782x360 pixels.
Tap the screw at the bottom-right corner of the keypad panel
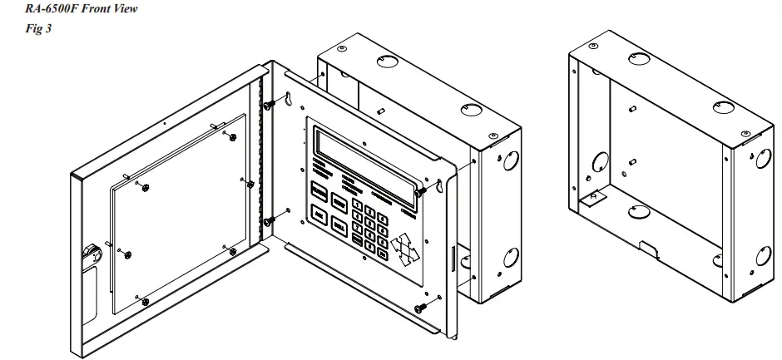tap(421, 308)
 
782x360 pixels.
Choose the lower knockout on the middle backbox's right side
tap(511, 259)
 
